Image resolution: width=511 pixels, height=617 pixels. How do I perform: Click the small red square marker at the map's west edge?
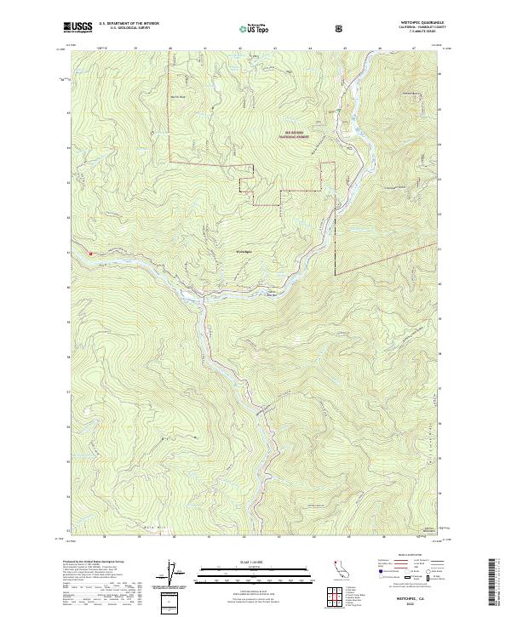(89, 252)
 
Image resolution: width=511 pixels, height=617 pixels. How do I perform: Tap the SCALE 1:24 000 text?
(255, 561)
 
